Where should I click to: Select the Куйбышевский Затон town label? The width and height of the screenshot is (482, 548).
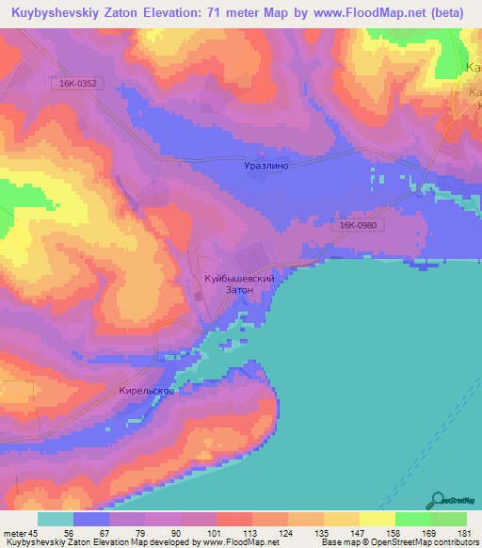[x=239, y=284]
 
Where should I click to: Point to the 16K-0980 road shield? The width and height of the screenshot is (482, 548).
[x=354, y=226]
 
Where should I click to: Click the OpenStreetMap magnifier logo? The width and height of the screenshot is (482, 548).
[x=437, y=501]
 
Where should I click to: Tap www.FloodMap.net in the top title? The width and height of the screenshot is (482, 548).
[x=371, y=12]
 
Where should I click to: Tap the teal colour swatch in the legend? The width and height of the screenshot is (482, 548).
[x=56, y=519]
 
